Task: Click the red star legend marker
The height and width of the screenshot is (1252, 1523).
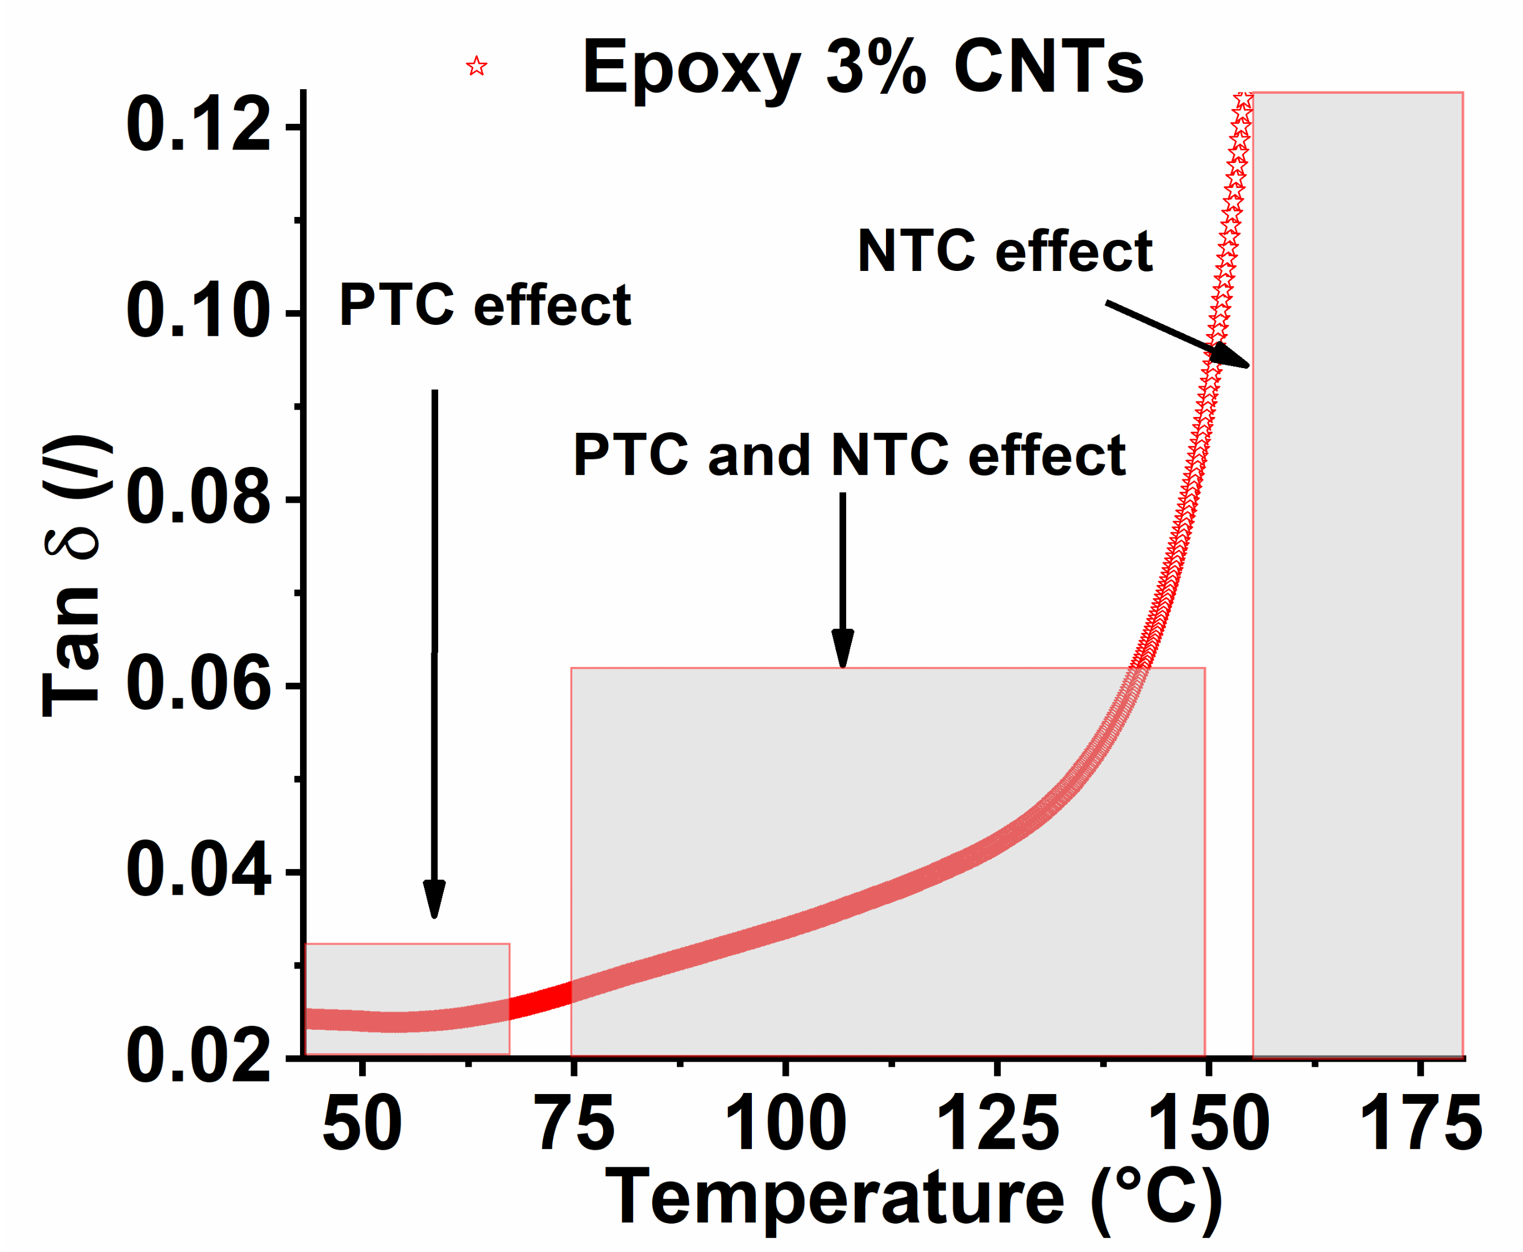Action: click(x=476, y=67)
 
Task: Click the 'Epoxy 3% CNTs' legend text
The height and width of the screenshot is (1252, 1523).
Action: click(x=862, y=67)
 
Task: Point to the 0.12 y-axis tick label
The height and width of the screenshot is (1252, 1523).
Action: click(x=199, y=126)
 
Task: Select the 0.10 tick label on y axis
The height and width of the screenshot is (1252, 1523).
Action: click(x=199, y=313)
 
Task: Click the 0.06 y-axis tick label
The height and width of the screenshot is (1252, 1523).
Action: click(x=199, y=685)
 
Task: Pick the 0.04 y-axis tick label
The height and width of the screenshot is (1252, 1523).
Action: click(x=199, y=872)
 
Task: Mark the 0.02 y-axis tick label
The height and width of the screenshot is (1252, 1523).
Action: click(x=199, y=1058)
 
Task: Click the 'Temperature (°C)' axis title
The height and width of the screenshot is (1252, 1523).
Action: click(x=913, y=1199)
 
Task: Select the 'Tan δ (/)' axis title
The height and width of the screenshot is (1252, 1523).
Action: click(x=72, y=577)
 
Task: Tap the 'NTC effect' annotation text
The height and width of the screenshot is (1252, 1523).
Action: click(x=1004, y=252)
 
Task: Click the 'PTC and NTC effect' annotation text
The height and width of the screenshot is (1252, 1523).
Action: click(x=849, y=456)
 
